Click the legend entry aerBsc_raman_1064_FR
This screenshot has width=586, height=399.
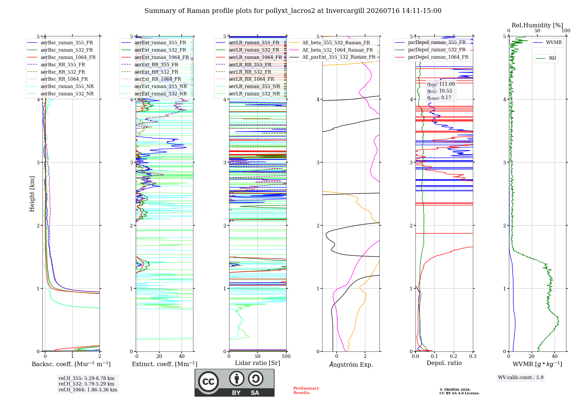[x=61, y=57]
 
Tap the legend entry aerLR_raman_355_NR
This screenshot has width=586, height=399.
[x=248, y=86]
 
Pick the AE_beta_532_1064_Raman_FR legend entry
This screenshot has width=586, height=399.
[x=331, y=50]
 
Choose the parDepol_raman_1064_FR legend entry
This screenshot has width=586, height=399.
[x=432, y=57]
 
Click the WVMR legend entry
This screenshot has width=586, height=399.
[x=547, y=43]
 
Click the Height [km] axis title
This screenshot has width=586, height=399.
[x=32, y=194]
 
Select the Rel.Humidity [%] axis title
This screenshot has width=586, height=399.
[x=537, y=25]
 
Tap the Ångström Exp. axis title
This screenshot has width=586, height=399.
[x=351, y=364]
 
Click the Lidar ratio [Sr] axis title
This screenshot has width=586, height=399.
[x=258, y=363]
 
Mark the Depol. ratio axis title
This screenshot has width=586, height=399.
[x=444, y=363]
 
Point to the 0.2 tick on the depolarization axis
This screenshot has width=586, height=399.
[x=454, y=356]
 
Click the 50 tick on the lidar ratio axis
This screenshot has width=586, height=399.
[x=258, y=356]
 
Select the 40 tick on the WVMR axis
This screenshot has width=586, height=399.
[x=555, y=356]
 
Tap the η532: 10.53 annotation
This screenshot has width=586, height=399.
[x=439, y=91]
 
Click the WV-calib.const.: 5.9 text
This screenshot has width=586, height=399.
[x=521, y=377]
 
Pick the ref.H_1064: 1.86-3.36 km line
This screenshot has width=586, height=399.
[x=88, y=390]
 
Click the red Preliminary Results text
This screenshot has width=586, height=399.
[x=306, y=390]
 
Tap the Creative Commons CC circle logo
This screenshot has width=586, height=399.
[x=208, y=381]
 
